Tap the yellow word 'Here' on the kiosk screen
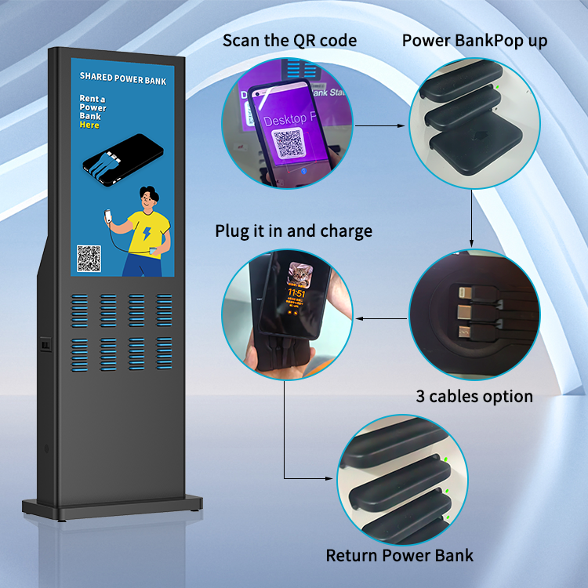tap(90, 125)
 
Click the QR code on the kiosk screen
tap(89, 259)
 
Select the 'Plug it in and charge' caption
tap(294, 231)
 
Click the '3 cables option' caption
tap(474, 396)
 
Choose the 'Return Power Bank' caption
tap(400, 556)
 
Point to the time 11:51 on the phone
tap(296, 293)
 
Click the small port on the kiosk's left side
tap(45, 343)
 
